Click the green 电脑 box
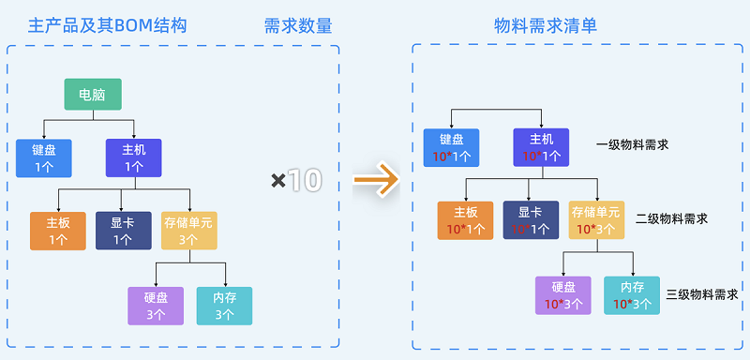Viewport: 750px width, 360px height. pos(93,95)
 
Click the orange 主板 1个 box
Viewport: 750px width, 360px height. pos(58,231)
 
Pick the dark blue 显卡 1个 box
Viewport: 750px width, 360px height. pos(123,231)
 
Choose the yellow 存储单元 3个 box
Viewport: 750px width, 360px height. pos(187,231)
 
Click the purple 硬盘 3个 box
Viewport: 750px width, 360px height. pos(156,306)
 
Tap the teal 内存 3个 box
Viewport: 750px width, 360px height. pos(224,306)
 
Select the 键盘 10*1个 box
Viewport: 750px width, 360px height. pos(451,147)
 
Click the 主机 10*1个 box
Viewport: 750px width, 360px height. pos(541,147)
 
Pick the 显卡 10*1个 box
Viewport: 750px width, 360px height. pos(532,220)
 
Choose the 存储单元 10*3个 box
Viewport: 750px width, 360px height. pos(597,220)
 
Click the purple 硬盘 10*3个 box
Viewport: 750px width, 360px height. pos(563,295)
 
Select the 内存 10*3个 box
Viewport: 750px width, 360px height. pos(632,295)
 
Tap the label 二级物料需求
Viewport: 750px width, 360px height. pos(672,218)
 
